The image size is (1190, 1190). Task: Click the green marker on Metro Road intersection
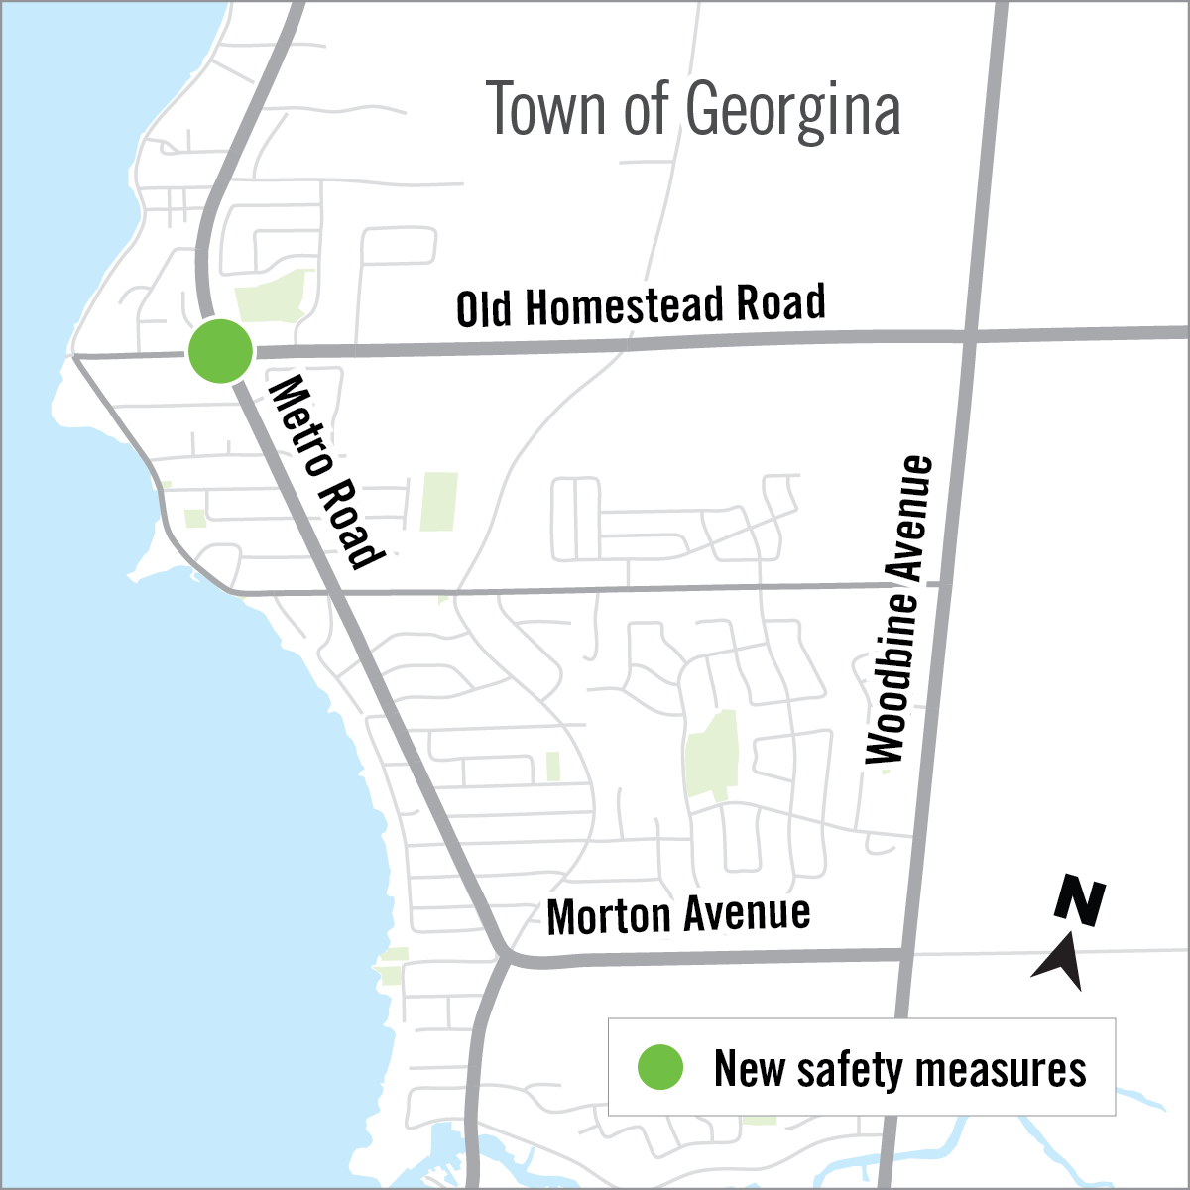coord(220,351)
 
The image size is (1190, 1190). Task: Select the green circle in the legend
coord(659,1068)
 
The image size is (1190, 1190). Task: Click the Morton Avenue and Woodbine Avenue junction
coord(905,954)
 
